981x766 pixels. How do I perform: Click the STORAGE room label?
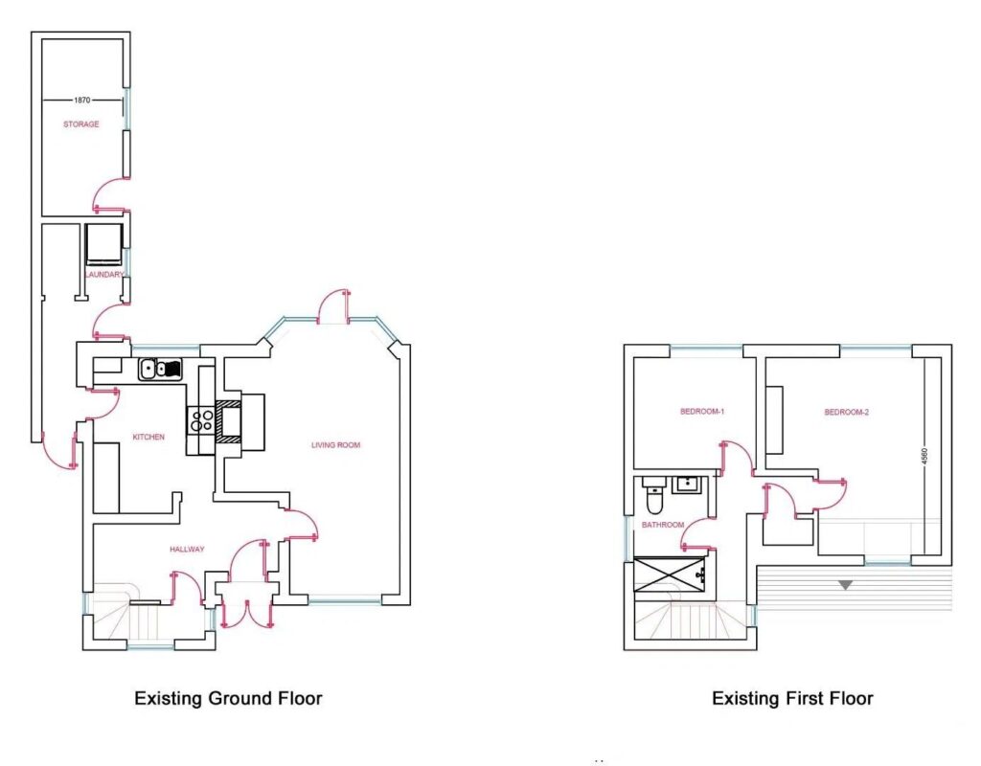tap(80, 124)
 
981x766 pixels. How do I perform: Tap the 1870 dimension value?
tap(82, 100)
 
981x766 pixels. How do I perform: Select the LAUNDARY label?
tap(104, 275)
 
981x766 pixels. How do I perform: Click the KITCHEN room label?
tap(148, 437)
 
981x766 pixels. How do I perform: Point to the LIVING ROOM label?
tap(336, 445)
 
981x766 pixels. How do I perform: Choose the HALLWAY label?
tap(187, 550)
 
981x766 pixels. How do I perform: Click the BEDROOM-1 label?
tap(702, 412)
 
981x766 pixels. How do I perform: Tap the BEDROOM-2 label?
tap(847, 412)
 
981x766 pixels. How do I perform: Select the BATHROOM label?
tap(663, 525)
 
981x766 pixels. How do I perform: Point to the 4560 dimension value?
tap(924, 455)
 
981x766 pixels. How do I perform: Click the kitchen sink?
tap(160, 369)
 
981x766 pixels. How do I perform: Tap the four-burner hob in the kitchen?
tap(201, 420)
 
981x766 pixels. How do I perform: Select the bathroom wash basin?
tap(690, 485)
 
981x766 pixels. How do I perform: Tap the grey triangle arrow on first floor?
tap(845, 585)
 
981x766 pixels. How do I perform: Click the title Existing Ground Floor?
tap(228, 698)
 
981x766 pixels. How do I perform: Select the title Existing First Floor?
tap(792, 698)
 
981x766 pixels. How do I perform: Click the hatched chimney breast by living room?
tap(228, 421)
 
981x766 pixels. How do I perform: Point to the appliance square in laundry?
tap(103, 244)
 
